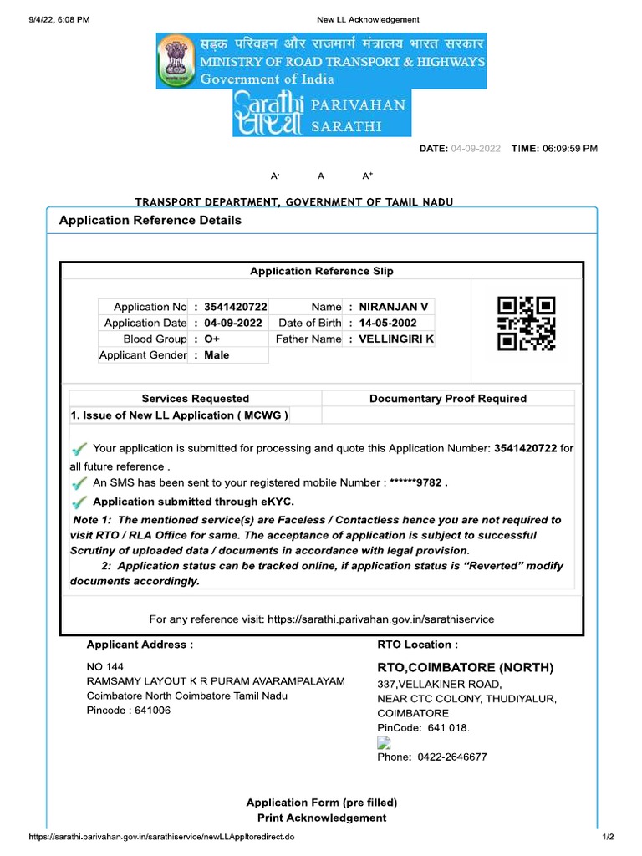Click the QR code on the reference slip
tap(527, 323)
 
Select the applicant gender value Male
tap(217, 355)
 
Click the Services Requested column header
tap(195, 399)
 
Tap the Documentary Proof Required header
tap(448, 399)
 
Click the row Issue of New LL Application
tap(180, 415)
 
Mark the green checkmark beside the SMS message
tap(79, 483)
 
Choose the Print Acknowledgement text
tap(322, 818)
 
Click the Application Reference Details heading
tap(150, 221)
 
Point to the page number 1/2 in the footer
tap(608, 837)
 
